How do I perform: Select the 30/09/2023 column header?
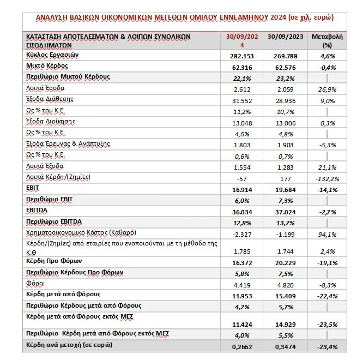click(x=283, y=37)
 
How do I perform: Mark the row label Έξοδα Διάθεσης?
click(x=50, y=99)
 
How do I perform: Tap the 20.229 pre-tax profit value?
click(x=283, y=262)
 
